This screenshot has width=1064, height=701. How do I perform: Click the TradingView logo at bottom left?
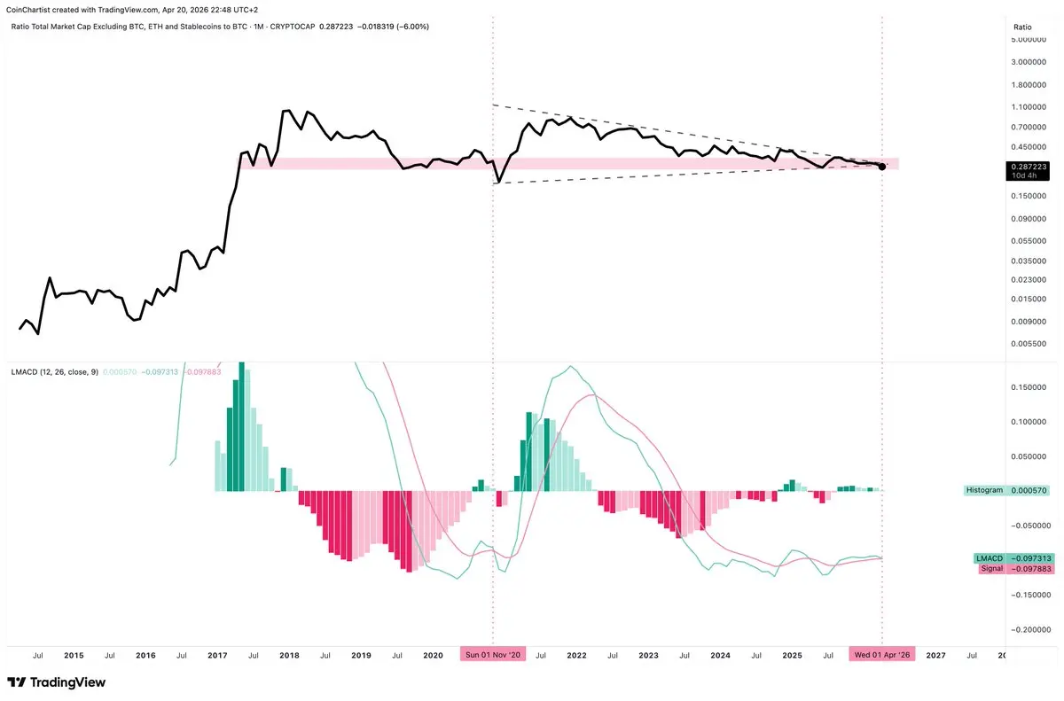56,682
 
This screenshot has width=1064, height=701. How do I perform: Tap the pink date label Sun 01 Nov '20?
492,655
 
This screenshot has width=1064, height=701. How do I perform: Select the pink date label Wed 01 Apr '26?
881,655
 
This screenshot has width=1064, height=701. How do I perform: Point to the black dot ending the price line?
881,167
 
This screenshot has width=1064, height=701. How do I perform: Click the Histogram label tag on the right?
985,490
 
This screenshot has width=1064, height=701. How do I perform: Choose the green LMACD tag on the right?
989,558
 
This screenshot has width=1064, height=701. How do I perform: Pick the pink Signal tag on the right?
991,569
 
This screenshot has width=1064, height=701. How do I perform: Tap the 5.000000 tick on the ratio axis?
1034,42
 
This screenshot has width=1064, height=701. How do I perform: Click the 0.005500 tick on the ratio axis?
1034,344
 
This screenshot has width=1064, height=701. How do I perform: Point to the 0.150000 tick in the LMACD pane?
1034,387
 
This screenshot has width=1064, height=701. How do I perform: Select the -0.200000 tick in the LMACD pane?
1032,629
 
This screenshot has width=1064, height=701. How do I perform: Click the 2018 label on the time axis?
289,656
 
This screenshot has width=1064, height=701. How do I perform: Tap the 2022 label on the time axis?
576,656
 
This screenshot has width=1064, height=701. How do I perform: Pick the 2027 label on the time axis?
935,656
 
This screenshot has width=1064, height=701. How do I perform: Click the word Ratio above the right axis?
1022,27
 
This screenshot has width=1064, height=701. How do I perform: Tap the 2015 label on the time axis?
74,656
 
